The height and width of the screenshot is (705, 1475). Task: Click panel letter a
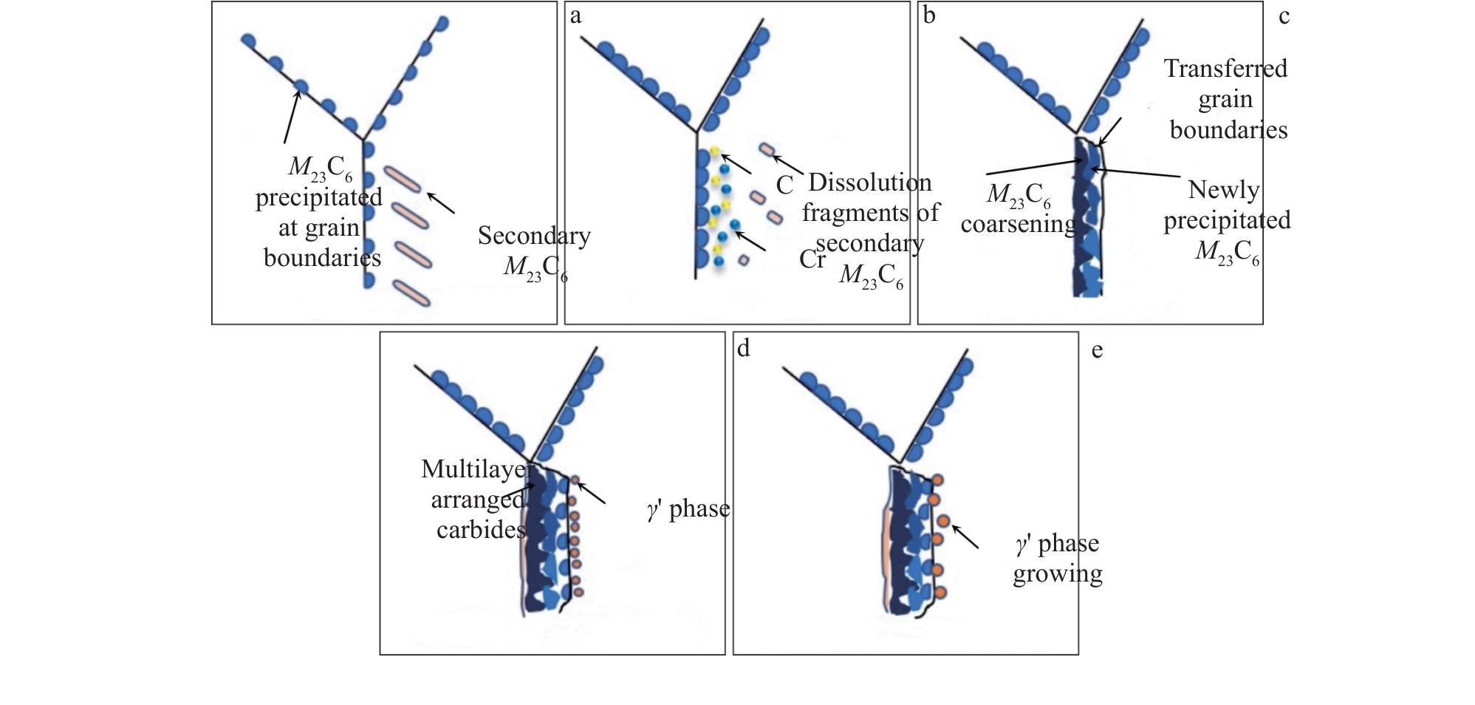[x=575, y=16]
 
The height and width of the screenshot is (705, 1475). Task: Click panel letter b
[x=929, y=16]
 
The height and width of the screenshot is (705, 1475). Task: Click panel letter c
[x=1284, y=16]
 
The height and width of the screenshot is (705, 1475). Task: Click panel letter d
[x=743, y=348]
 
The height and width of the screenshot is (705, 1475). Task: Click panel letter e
[x=1097, y=350]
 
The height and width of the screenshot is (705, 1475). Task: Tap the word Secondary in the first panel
[x=534, y=236]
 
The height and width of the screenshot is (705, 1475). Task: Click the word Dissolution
[x=869, y=183]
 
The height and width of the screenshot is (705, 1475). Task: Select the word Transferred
[x=1225, y=69]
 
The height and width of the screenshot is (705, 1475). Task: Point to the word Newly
[x=1223, y=190]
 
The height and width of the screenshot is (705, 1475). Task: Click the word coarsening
[x=1018, y=224]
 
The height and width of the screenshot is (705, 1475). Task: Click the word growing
[x=1057, y=574]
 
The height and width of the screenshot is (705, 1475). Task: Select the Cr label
[x=812, y=259]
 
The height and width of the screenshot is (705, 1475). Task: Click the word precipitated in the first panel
[x=318, y=198]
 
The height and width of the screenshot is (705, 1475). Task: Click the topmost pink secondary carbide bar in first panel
[x=403, y=179]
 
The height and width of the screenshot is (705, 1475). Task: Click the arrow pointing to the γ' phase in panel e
[x=965, y=537]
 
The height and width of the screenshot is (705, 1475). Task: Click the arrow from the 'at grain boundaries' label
[x=292, y=115]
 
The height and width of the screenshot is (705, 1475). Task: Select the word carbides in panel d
[x=481, y=530]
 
